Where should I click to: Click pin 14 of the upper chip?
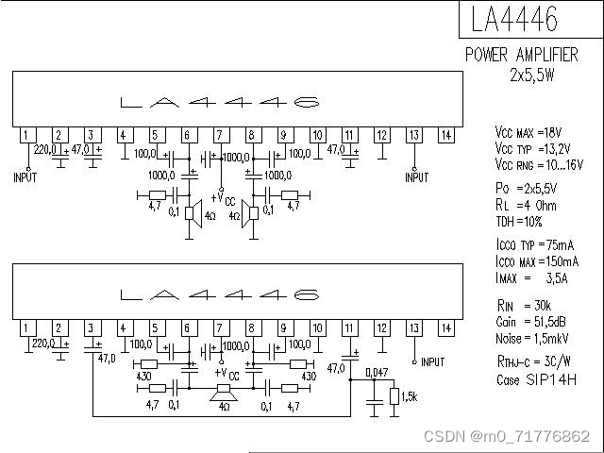(x=445, y=135)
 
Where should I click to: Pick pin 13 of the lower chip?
(x=413, y=328)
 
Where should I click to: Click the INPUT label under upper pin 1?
(x=25, y=177)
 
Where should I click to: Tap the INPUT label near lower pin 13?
(x=432, y=362)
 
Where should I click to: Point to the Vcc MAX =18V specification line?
(x=528, y=132)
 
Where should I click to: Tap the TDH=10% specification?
(x=520, y=222)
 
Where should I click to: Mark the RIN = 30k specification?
(x=525, y=306)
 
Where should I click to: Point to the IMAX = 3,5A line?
(x=531, y=278)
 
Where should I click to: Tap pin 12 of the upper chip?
(x=381, y=135)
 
